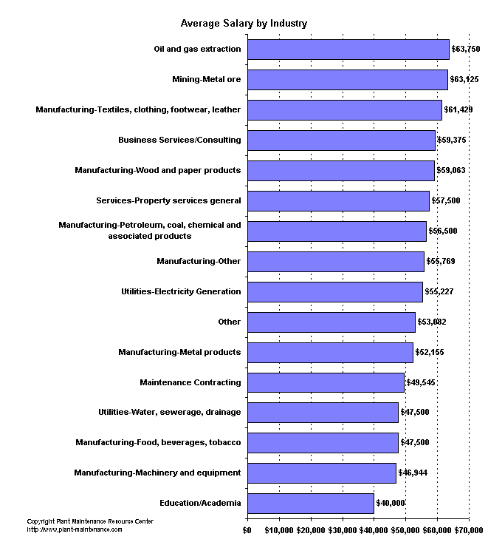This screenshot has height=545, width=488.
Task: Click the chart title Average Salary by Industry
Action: click(244, 24)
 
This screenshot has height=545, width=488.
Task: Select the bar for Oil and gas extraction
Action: click(348, 50)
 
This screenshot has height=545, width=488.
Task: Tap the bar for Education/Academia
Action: click(310, 504)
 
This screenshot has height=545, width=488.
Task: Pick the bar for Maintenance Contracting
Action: click(326, 382)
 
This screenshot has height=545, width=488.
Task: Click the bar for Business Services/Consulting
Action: click(341, 140)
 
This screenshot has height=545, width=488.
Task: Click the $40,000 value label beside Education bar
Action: click(391, 504)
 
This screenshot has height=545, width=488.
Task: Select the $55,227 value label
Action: click(439, 292)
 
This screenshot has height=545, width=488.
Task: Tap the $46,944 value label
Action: click(413, 473)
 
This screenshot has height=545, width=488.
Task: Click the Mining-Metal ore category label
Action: click(206, 79)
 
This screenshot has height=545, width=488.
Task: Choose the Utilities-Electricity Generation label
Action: click(181, 291)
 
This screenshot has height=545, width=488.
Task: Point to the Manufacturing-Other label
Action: click(199, 261)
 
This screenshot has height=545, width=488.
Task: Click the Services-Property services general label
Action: click(168, 200)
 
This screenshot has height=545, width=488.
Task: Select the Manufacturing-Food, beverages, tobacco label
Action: click(158, 442)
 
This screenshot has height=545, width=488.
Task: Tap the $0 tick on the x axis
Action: click(247, 529)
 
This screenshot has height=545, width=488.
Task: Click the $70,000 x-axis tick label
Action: click(469, 529)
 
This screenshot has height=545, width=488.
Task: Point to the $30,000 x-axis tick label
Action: click(342, 529)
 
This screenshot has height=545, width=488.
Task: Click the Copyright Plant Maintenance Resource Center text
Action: click(90, 521)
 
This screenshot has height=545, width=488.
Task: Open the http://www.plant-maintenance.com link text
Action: click(75, 529)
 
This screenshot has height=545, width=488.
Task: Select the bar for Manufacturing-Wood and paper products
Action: click(340, 170)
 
